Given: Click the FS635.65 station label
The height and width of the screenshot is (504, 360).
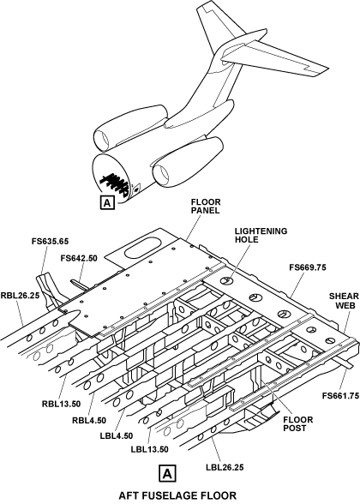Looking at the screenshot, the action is tap(50, 241).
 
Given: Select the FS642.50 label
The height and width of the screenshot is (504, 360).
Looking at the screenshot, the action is tap(79, 259).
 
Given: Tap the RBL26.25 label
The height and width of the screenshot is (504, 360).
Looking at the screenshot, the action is tap(20, 295).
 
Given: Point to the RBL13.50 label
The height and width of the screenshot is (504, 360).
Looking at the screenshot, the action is tap(61, 404).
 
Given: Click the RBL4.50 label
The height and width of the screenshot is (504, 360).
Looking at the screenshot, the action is tap(89, 420).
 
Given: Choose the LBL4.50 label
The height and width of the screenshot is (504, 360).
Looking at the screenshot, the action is tap(117, 435).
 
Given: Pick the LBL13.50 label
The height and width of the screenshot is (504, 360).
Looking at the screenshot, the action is tap(149, 449).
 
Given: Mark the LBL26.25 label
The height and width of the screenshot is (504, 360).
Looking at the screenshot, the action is tap(225, 467).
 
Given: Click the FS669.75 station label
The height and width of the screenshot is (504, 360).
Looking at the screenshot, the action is tap(308, 267).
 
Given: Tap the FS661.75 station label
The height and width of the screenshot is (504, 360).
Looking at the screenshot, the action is tap(340, 396).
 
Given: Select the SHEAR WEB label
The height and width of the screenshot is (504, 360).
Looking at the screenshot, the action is tap(344, 301).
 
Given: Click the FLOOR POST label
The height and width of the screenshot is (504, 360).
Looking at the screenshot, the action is tap(298, 424).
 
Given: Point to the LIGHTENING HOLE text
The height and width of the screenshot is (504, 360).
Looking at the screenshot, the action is tap(261, 235).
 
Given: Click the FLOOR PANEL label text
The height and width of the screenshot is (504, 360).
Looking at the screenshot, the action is tap(206, 207).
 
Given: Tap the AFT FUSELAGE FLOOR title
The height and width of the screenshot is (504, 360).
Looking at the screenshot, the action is tap(177, 495).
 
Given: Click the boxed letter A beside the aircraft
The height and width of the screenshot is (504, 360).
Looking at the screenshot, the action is tap(107, 202).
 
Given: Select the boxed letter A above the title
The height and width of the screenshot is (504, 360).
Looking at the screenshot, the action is tap(167, 473).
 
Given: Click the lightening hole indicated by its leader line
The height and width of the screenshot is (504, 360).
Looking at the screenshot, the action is tap(226, 280).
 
